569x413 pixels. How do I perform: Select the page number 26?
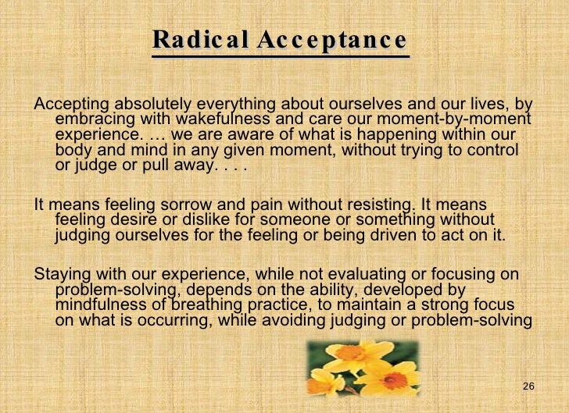point(528,387)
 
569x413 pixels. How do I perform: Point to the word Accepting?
point(72,104)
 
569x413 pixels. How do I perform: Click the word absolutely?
point(152,104)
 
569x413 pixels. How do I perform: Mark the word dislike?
point(207,221)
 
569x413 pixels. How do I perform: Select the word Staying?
point(63,275)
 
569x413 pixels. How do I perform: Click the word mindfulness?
point(100,305)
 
